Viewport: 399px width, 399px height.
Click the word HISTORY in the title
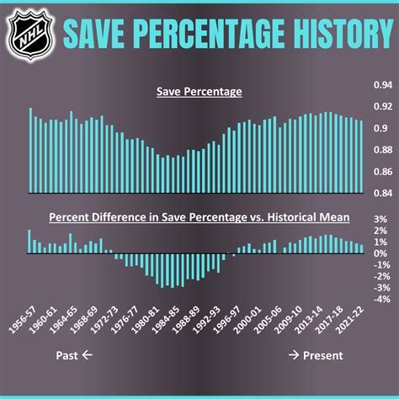coord(324,33)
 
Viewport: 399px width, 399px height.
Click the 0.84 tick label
coord(382,193)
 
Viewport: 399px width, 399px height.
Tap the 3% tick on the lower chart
coord(380,219)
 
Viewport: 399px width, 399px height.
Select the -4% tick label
coord(380,299)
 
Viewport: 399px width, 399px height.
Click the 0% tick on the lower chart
coord(380,253)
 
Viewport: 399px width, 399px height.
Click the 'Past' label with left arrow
coord(74,355)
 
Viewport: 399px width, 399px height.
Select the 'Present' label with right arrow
coord(315,355)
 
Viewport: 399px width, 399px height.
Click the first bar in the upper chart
coord(30,150)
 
